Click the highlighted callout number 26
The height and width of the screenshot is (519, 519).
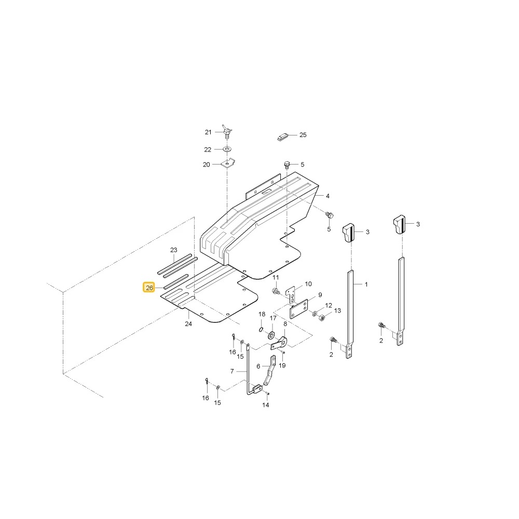tap(149, 288)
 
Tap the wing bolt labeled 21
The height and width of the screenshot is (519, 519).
tap(227, 131)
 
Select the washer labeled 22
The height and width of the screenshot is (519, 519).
tap(227, 149)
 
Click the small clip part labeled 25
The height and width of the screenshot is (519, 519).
tap(283, 136)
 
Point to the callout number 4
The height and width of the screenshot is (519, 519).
tap(327, 196)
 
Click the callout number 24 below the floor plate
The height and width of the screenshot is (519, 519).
tap(188, 324)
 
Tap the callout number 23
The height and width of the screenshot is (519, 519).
tap(174, 250)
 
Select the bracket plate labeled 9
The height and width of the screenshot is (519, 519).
tap(299, 308)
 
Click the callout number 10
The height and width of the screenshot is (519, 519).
tap(308, 284)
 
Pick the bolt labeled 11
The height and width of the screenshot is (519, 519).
tap(276, 292)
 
